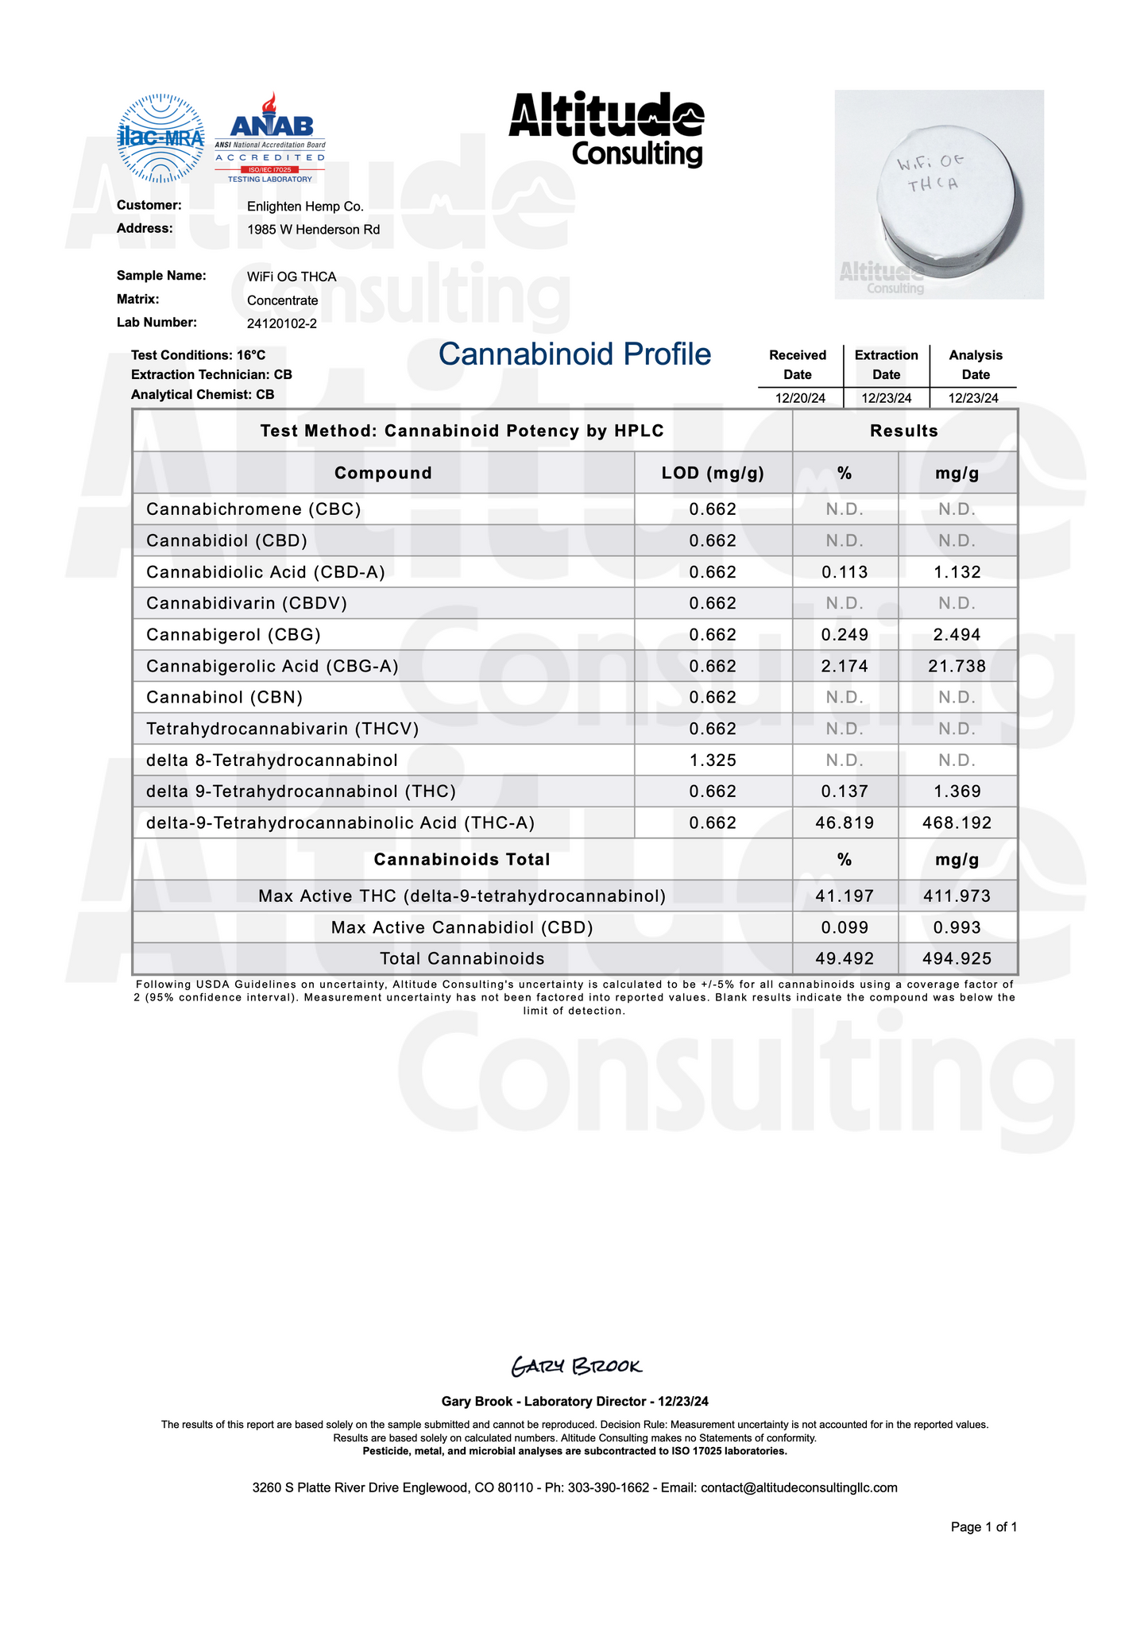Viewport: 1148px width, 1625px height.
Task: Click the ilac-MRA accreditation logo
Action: [x=160, y=138]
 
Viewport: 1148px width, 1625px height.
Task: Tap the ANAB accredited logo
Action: [x=270, y=137]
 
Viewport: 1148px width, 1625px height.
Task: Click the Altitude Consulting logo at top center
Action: [x=606, y=129]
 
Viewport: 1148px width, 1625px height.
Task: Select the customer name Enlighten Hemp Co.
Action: [x=305, y=207]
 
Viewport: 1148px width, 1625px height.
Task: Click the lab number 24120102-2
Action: [x=282, y=323]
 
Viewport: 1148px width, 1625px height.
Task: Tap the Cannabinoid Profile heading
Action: [x=574, y=354]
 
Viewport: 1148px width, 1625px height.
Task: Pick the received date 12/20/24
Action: [x=800, y=399]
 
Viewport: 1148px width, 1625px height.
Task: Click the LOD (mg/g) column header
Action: [x=713, y=474]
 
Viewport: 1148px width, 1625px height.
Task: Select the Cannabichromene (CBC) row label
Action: [x=253, y=509]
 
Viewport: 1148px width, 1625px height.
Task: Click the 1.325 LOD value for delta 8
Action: [x=713, y=760]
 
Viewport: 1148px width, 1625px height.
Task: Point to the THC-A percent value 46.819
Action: [x=845, y=823]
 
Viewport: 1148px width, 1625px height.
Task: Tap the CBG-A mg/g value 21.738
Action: [x=957, y=667]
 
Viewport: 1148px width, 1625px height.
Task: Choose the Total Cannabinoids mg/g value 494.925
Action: [x=957, y=959]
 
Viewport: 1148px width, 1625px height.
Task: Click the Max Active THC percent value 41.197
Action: [x=845, y=896]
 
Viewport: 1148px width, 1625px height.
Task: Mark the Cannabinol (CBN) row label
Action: [x=225, y=698]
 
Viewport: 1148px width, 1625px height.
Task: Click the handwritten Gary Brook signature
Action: [x=576, y=1367]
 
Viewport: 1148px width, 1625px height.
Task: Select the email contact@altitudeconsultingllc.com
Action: [x=798, y=1488]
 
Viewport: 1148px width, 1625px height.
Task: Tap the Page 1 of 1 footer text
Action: [x=984, y=1526]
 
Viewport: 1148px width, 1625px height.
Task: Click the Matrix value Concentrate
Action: [x=282, y=300]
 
